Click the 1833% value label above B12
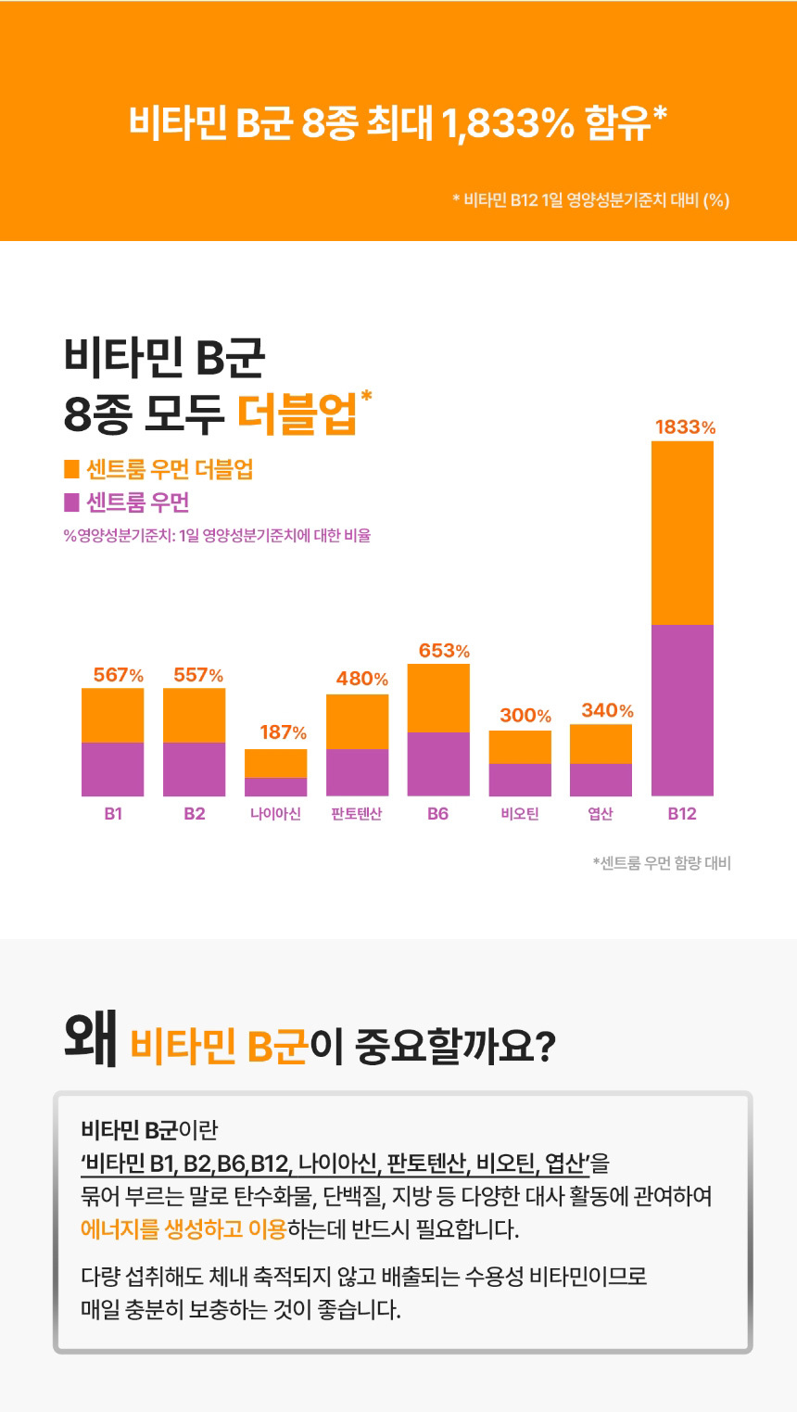pos(685,427)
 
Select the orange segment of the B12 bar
pos(682,533)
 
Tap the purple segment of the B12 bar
pos(682,710)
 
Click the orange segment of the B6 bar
pos(438,698)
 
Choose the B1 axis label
pos(113,814)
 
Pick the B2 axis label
pos(194,814)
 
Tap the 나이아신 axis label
pos(275,814)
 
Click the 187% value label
pos(283,732)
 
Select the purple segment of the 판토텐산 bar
pos(357,772)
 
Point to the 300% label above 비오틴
pos(525,716)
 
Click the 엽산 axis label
pos(601,814)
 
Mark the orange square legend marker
pos(71,470)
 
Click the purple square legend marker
pos(71,502)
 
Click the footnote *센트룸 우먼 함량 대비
pos(662,864)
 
